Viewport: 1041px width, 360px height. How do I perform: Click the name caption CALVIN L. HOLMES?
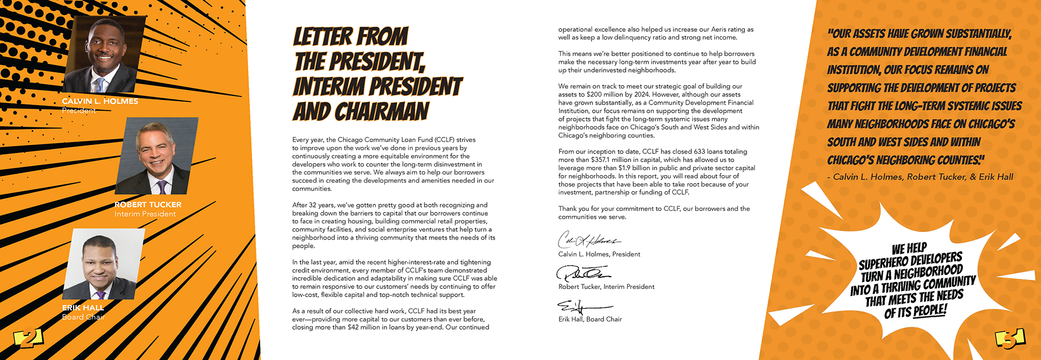[100, 101]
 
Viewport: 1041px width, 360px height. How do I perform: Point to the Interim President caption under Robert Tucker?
[145, 214]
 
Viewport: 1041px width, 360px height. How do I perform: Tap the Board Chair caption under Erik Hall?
[83, 317]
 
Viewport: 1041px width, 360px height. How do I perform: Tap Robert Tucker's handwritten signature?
[582, 273]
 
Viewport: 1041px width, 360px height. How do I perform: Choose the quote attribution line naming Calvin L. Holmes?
[920, 177]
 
